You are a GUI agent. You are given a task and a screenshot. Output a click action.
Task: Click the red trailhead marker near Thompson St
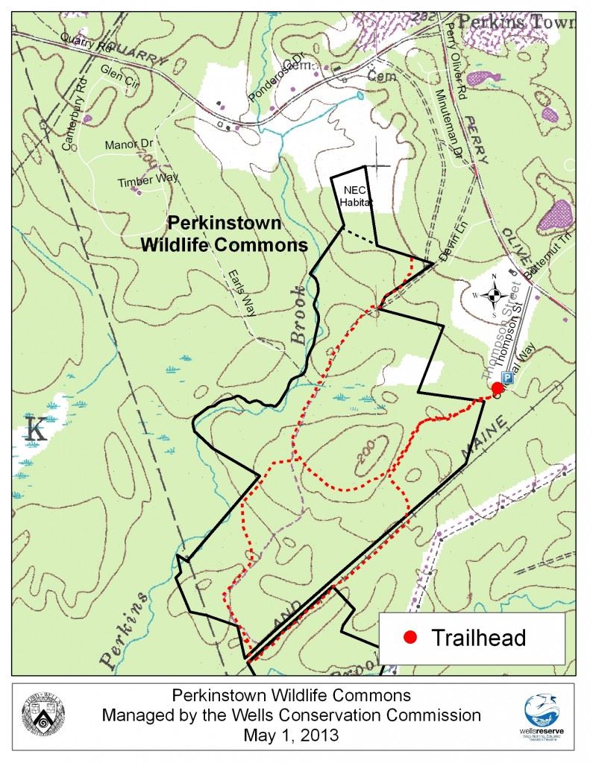497,387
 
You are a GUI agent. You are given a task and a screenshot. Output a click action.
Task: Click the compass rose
494,297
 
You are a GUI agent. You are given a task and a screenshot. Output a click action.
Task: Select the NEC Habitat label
355,196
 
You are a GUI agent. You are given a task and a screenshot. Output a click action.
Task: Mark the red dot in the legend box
409,638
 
